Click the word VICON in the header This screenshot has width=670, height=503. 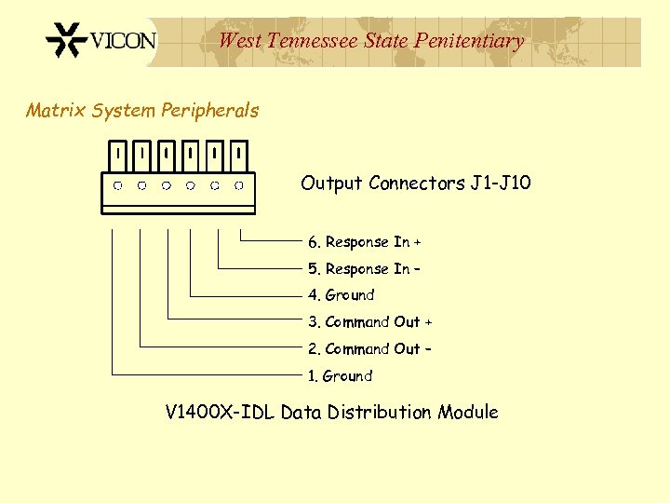coord(123,41)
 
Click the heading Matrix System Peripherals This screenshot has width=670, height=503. coord(142,111)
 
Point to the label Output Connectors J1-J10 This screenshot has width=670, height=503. coord(415,183)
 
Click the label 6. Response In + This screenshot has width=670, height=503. coord(365,242)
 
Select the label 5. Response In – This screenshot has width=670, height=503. coord(364,269)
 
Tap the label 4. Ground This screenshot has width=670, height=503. coord(342,295)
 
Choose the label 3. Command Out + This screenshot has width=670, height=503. coord(370,322)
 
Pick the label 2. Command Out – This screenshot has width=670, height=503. coord(369,349)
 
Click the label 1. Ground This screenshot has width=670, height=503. coord(341,376)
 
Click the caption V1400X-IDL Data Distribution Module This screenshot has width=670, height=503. coord(331,412)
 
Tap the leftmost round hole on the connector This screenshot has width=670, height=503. coord(118,185)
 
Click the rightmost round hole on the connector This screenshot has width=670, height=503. coord(239,185)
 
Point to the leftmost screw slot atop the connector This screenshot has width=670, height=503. coord(118,151)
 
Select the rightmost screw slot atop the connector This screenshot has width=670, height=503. coord(239,151)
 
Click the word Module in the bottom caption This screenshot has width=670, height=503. coord(466,412)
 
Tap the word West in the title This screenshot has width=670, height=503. coord(239,41)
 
